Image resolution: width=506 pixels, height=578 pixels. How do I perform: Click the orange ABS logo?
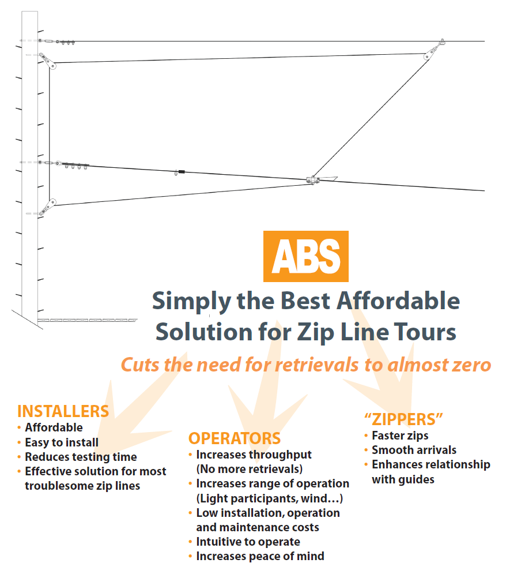[x=305, y=256]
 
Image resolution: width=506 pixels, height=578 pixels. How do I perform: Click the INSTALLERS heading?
[x=63, y=411]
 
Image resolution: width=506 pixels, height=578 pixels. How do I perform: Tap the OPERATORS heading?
[x=235, y=438]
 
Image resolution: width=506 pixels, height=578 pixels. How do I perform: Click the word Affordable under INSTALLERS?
[x=54, y=427]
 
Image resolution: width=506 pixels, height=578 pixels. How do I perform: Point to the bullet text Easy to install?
[x=62, y=442]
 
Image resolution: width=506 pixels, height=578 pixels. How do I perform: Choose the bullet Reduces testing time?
[x=81, y=457]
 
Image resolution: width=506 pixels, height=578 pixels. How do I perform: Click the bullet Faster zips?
[x=400, y=436]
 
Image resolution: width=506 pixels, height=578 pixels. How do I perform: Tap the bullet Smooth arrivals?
[x=414, y=450]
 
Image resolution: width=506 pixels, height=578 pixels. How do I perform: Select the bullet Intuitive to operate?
[x=248, y=542]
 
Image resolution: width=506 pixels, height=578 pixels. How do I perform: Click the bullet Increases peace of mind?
[x=260, y=556]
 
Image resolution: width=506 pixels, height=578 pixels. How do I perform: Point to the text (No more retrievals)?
[x=249, y=469]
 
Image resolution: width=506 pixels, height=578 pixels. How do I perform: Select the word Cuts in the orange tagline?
[x=139, y=365]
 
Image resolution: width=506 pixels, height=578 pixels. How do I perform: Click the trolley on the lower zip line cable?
[x=314, y=180]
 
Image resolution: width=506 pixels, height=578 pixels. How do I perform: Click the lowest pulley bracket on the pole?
[x=51, y=204]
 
